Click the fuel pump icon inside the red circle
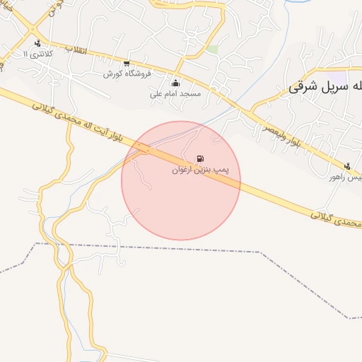pos(201,158)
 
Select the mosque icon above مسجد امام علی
pos(175,83)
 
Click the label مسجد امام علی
pos(175,93)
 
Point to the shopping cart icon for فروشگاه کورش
pos(127,63)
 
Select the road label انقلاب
pos(75,50)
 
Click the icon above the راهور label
pos(347,167)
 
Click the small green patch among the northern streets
pos(211,49)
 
